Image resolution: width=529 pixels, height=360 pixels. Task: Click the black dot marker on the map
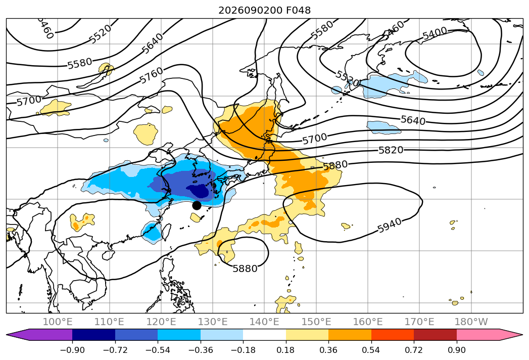[197, 205]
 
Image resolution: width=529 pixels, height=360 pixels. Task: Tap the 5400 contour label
[435, 33]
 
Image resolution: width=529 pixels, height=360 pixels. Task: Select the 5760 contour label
[152, 75]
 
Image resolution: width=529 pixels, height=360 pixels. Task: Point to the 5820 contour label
[391, 150]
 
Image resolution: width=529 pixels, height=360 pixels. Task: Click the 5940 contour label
[390, 226]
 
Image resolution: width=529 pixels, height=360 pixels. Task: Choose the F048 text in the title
[298, 11]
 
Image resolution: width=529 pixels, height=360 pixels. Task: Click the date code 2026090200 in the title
[250, 11]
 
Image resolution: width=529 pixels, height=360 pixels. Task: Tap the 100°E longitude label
[58, 322]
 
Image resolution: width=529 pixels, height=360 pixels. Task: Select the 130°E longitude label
[213, 322]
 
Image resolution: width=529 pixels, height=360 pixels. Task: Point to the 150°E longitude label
[316, 322]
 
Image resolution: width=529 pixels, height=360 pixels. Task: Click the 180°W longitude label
[471, 322]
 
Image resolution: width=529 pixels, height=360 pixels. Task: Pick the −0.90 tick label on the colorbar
[72, 350]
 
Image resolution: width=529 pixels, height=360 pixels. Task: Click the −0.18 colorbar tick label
[243, 350]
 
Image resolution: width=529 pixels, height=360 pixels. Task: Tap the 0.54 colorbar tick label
[371, 350]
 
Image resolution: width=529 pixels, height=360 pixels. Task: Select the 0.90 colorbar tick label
[456, 350]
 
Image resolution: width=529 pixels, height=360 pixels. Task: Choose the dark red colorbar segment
[435, 335]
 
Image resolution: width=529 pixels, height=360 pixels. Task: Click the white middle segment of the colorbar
[265, 335]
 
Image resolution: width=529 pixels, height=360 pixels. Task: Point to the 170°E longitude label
[419, 322]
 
